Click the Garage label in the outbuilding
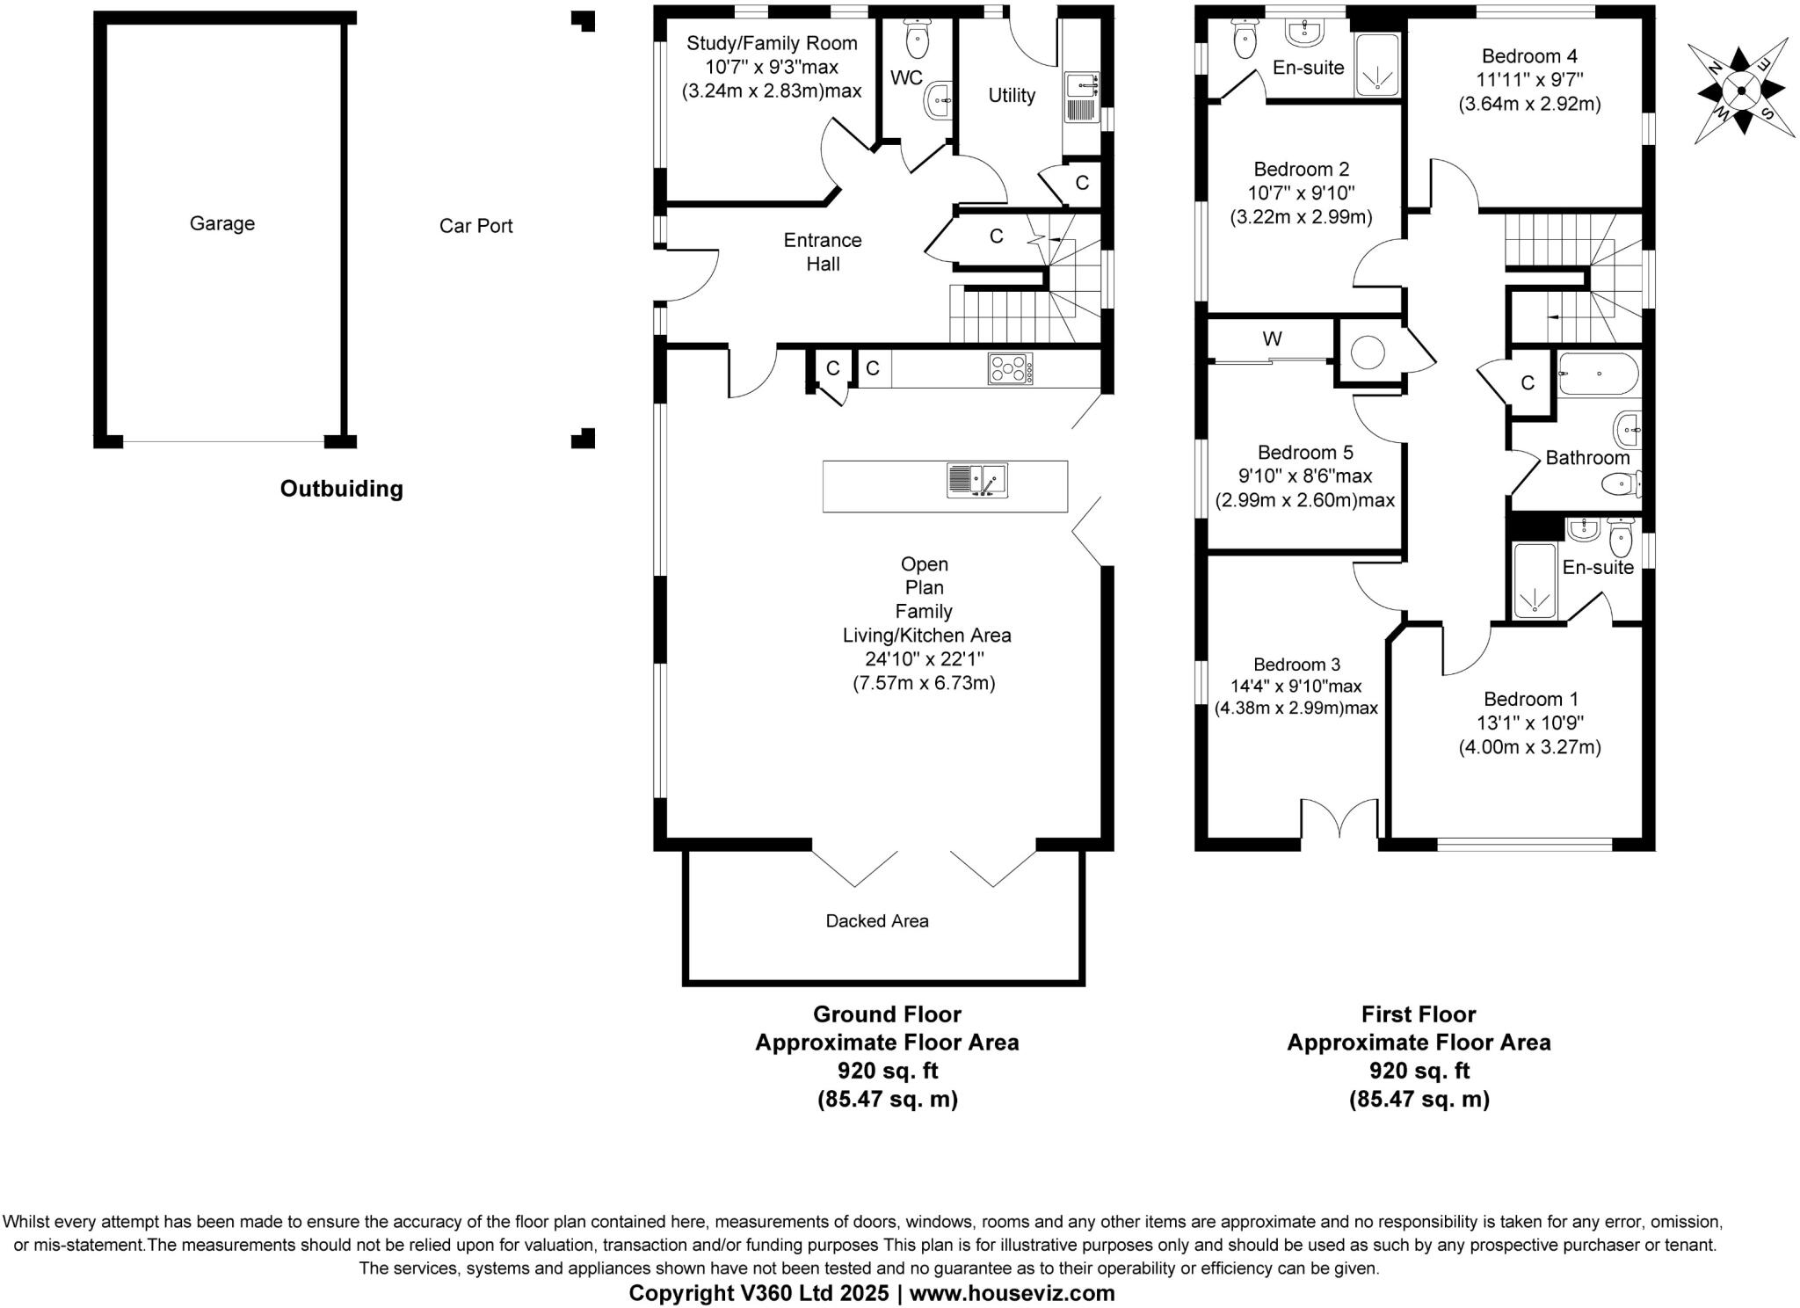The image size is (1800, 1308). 221,223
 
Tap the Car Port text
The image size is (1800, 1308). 475,226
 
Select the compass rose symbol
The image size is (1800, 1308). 1740,90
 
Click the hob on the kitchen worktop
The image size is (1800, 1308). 1010,368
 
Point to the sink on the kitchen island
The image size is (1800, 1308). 976,481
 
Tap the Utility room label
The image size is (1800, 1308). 1012,95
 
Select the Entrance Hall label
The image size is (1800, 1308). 823,251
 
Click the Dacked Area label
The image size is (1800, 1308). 876,920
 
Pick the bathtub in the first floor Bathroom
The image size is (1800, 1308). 1598,375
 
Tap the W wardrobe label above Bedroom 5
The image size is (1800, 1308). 1272,338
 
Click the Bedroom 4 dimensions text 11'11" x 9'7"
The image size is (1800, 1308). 1528,80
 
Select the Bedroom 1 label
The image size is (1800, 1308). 1530,699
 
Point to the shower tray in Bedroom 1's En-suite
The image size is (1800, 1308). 1535,581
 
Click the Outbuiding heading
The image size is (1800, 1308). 341,489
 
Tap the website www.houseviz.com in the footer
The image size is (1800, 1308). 1012,1293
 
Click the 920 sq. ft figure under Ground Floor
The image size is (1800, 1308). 887,1071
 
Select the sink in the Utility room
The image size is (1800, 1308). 1080,85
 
